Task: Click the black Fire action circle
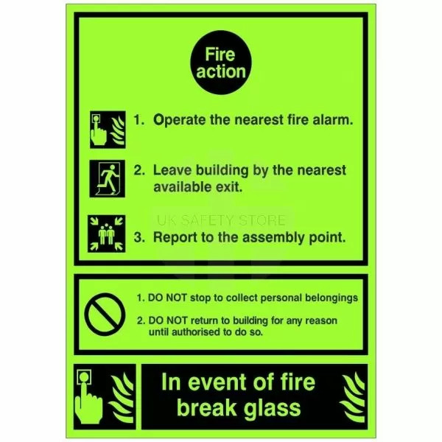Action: [x=221, y=63]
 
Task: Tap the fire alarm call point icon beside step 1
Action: [x=108, y=130]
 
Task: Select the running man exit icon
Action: [x=108, y=179]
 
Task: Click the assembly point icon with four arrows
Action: [x=107, y=234]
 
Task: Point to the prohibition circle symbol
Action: [x=105, y=315]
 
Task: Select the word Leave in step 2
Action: [x=172, y=170]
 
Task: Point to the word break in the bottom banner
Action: [x=206, y=407]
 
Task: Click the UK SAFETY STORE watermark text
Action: [x=221, y=220]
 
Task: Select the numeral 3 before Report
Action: [x=138, y=237]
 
